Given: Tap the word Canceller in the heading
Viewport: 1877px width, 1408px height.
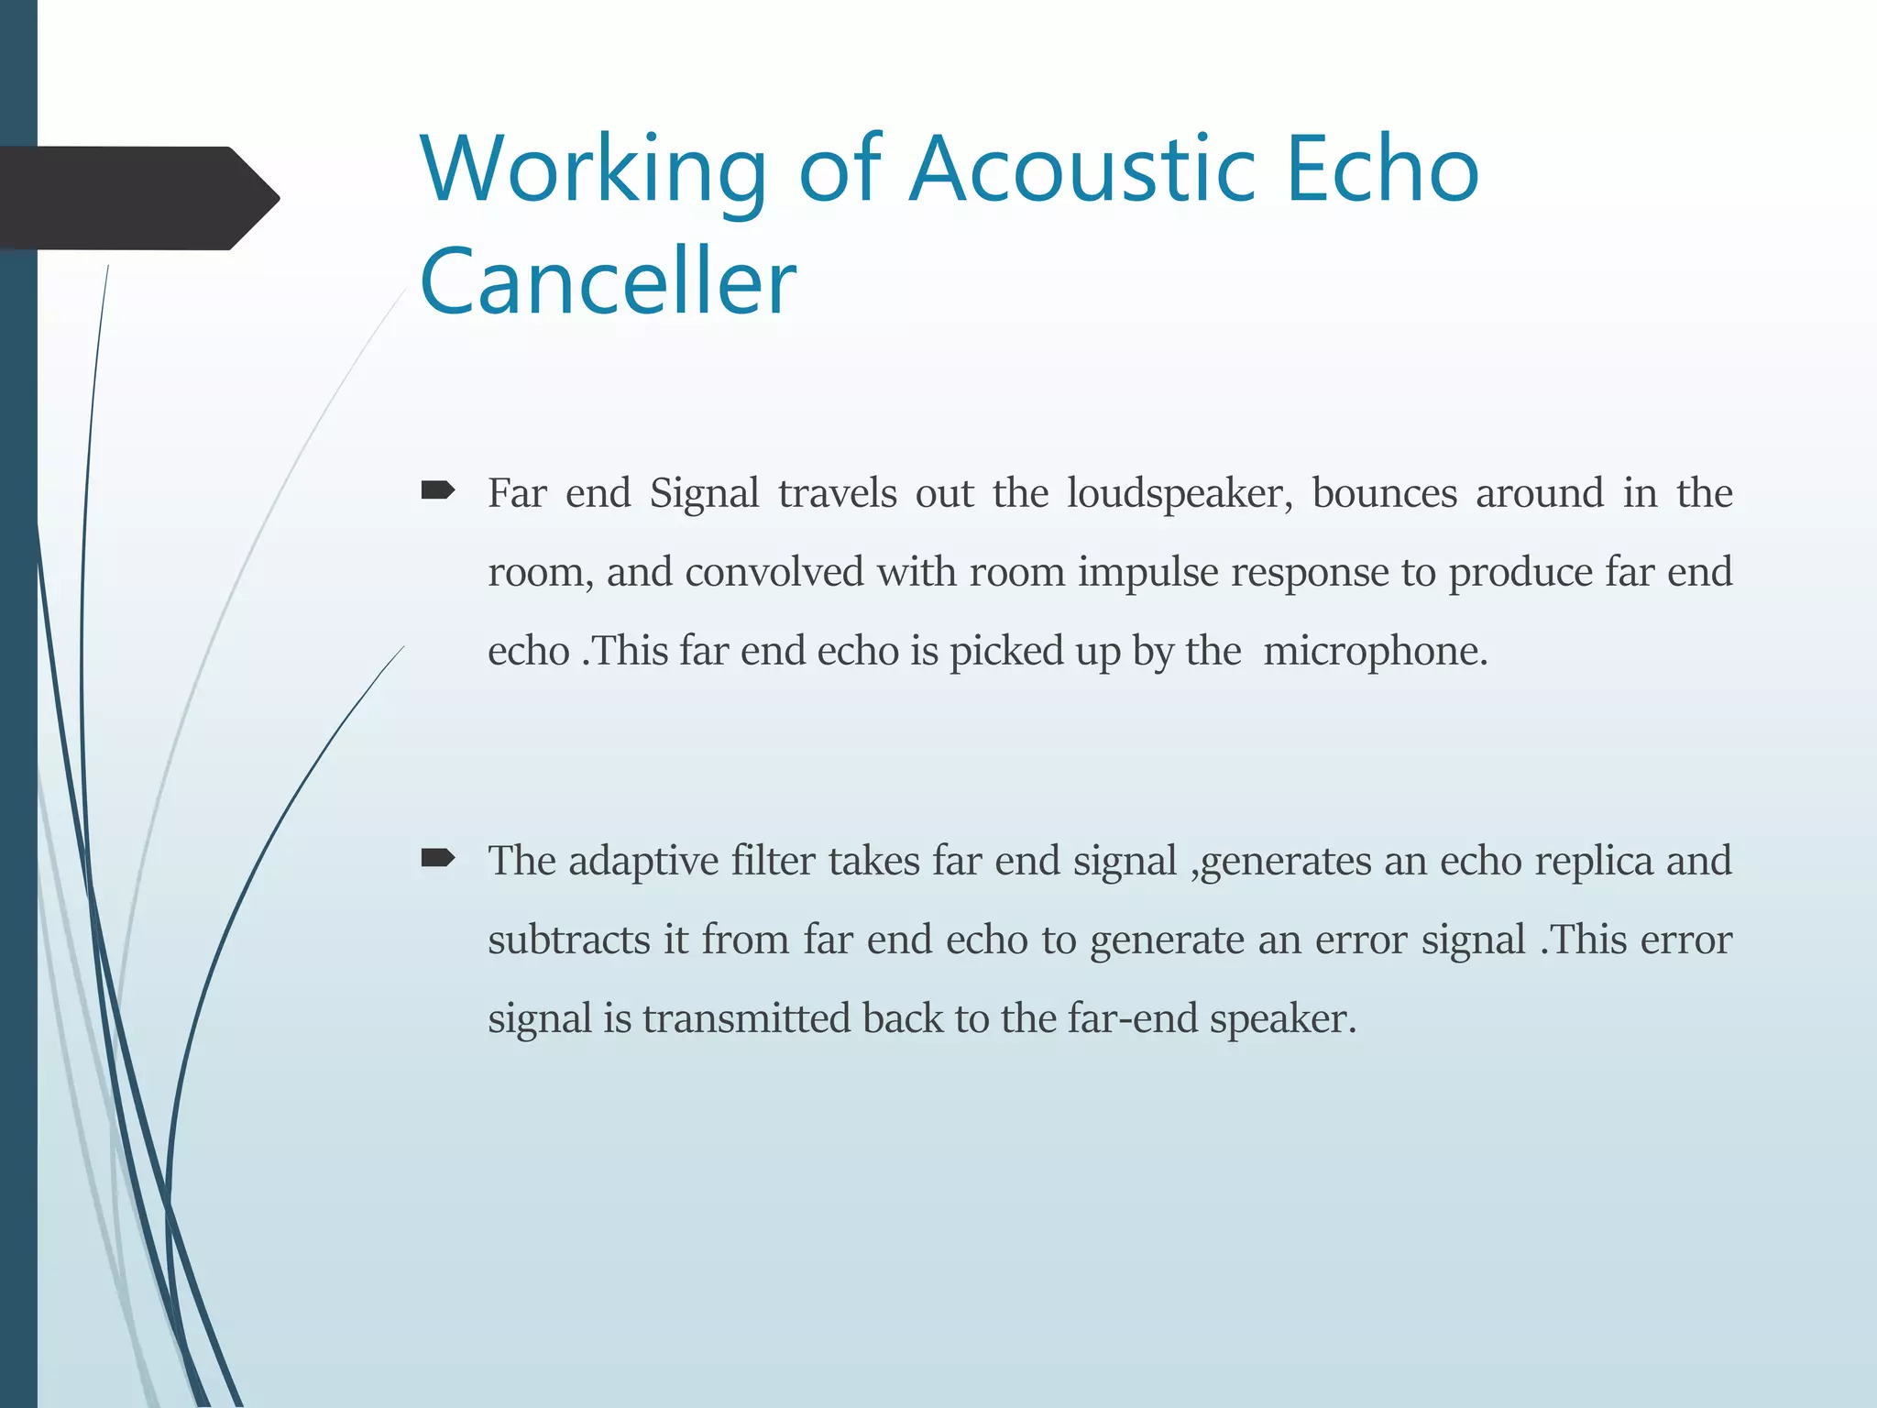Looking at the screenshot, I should click(608, 280).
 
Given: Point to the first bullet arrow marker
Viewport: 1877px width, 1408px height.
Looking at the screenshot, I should click(438, 492).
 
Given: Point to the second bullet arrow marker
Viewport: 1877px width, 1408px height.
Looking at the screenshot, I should click(438, 859).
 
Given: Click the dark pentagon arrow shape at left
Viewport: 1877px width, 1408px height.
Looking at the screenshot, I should click(137, 198).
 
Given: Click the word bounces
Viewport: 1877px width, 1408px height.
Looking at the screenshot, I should click(1384, 493).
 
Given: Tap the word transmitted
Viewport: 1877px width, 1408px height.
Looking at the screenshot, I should click(746, 1018).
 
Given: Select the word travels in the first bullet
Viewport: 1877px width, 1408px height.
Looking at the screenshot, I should click(837, 493).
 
